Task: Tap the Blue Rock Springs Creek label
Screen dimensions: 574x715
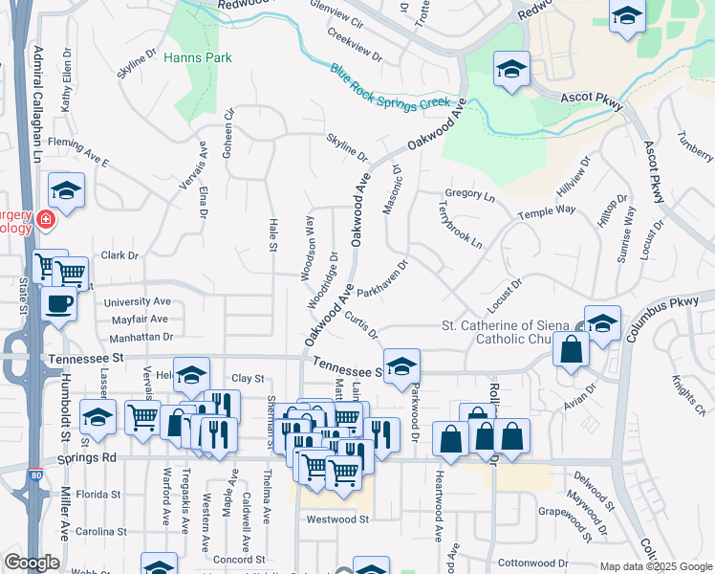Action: point(389,85)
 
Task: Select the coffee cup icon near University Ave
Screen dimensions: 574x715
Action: point(58,304)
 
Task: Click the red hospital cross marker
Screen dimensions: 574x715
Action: point(45,221)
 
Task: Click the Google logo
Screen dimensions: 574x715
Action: point(32,562)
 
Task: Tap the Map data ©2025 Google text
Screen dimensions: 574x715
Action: point(656,566)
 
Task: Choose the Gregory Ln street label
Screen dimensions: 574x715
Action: point(469,195)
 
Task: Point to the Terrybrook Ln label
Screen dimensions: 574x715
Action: point(460,224)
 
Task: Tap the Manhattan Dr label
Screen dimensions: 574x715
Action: point(141,337)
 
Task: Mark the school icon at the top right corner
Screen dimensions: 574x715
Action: point(626,16)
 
